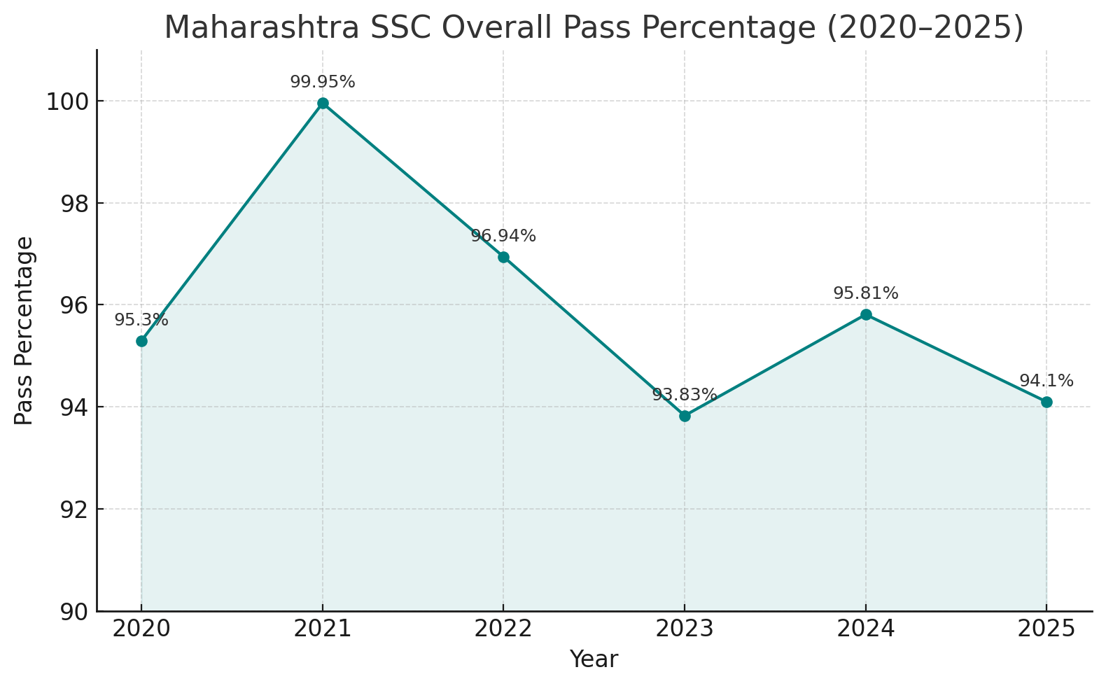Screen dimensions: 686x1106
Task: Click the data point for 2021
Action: pyautogui.click(x=323, y=104)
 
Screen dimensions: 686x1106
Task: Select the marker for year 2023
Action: pyautogui.click(x=685, y=416)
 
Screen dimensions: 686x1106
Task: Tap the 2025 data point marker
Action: pyautogui.click(x=1046, y=402)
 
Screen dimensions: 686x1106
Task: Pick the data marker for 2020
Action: pyautogui.click(x=141, y=341)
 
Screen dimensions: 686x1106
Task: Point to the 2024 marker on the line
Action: pyautogui.click(x=866, y=314)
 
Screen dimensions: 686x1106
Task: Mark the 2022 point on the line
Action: pyautogui.click(x=503, y=257)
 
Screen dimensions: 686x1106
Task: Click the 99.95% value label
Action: pyautogui.click(x=323, y=83)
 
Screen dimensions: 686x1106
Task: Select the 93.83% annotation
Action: pyautogui.click(x=685, y=395)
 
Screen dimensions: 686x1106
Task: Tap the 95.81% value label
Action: pyautogui.click(x=866, y=294)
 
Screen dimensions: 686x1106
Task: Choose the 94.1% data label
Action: pyautogui.click(x=1046, y=381)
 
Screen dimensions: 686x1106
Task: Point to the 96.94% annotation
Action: pyautogui.click(x=503, y=237)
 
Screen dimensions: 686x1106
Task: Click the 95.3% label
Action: pyautogui.click(x=141, y=321)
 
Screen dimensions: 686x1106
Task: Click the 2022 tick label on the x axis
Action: pyautogui.click(x=503, y=629)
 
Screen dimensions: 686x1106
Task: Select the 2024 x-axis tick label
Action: pyautogui.click(x=866, y=629)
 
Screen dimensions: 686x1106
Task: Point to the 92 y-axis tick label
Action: pyautogui.click(x=73, y=510)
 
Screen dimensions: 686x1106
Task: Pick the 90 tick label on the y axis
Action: pyautogui.click(x=73, y=612)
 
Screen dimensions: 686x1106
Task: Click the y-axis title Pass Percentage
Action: pyautogui.click(x=24, y=330)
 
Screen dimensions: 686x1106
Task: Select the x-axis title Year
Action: pyautogui.click(x=594, y=659)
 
